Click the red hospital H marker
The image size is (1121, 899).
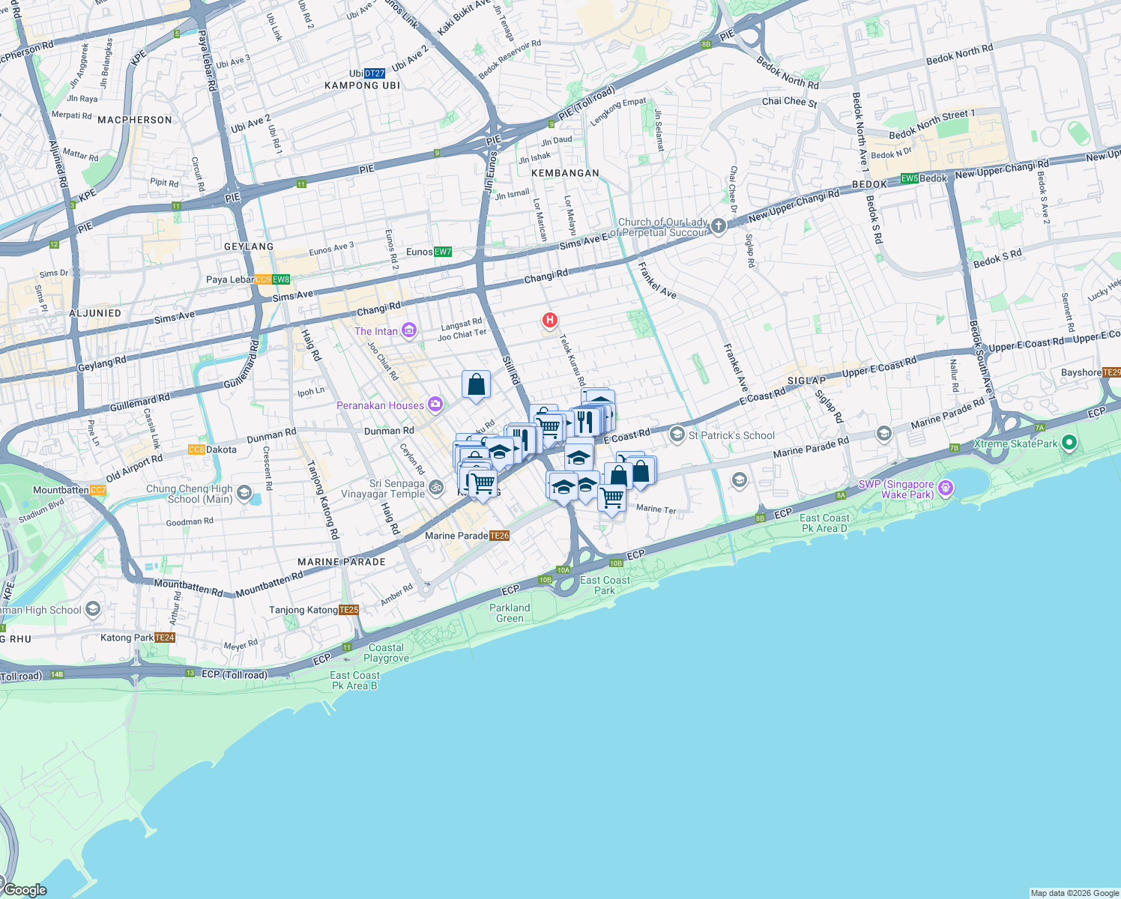[549, 321]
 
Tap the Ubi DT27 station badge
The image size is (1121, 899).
[374, 73]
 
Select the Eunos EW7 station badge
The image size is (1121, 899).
[443, 252]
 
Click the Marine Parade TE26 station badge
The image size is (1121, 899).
[499, 536]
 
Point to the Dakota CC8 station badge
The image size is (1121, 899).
[196, 449]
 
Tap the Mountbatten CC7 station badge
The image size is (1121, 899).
[98, 490]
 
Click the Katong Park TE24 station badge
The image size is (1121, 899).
[165, 638]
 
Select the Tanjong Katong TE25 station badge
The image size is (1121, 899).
[349, 610]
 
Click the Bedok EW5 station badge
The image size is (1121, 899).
[910, 178]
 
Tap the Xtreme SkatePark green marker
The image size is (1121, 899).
[1069, 444]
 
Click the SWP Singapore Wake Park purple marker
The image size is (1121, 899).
[946, 488]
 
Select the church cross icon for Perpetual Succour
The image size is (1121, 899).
[718, 226]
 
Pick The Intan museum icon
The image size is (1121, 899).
[409, 330]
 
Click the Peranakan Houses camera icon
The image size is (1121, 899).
[435, 405]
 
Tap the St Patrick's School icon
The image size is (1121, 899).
[677, 435]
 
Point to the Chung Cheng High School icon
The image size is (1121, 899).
[244, 493]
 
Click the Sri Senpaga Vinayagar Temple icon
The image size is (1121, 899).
[436, 488]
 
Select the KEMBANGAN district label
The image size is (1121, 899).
[565, 173]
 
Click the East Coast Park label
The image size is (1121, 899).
[605, 585]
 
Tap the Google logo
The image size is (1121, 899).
[25, 889]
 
